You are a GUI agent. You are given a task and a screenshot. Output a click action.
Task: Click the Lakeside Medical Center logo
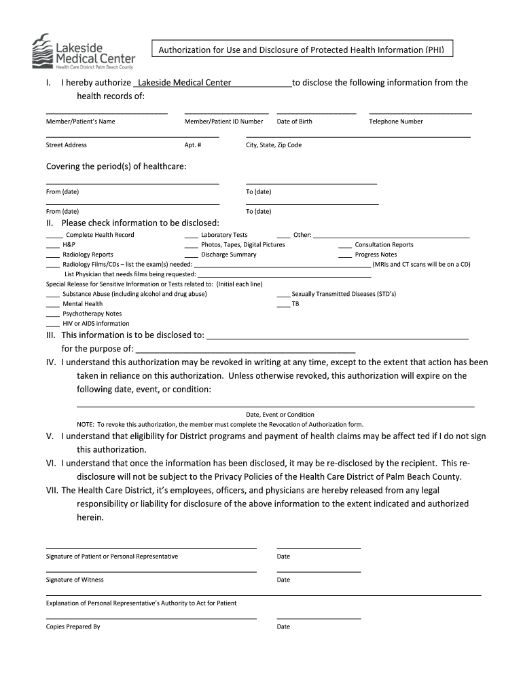[83, 52]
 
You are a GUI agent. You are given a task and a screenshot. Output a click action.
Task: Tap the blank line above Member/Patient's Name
[107, 113]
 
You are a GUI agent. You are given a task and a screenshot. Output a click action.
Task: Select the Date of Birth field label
[295, 121]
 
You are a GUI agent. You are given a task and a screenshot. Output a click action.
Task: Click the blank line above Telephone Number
[420, 113]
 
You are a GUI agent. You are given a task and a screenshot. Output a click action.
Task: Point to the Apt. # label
[193, 145]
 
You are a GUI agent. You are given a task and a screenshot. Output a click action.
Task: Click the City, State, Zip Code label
[274, 145]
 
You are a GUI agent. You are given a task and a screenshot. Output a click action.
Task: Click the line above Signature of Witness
[151, 571]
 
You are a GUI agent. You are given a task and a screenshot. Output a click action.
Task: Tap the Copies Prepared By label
[73, 626]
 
